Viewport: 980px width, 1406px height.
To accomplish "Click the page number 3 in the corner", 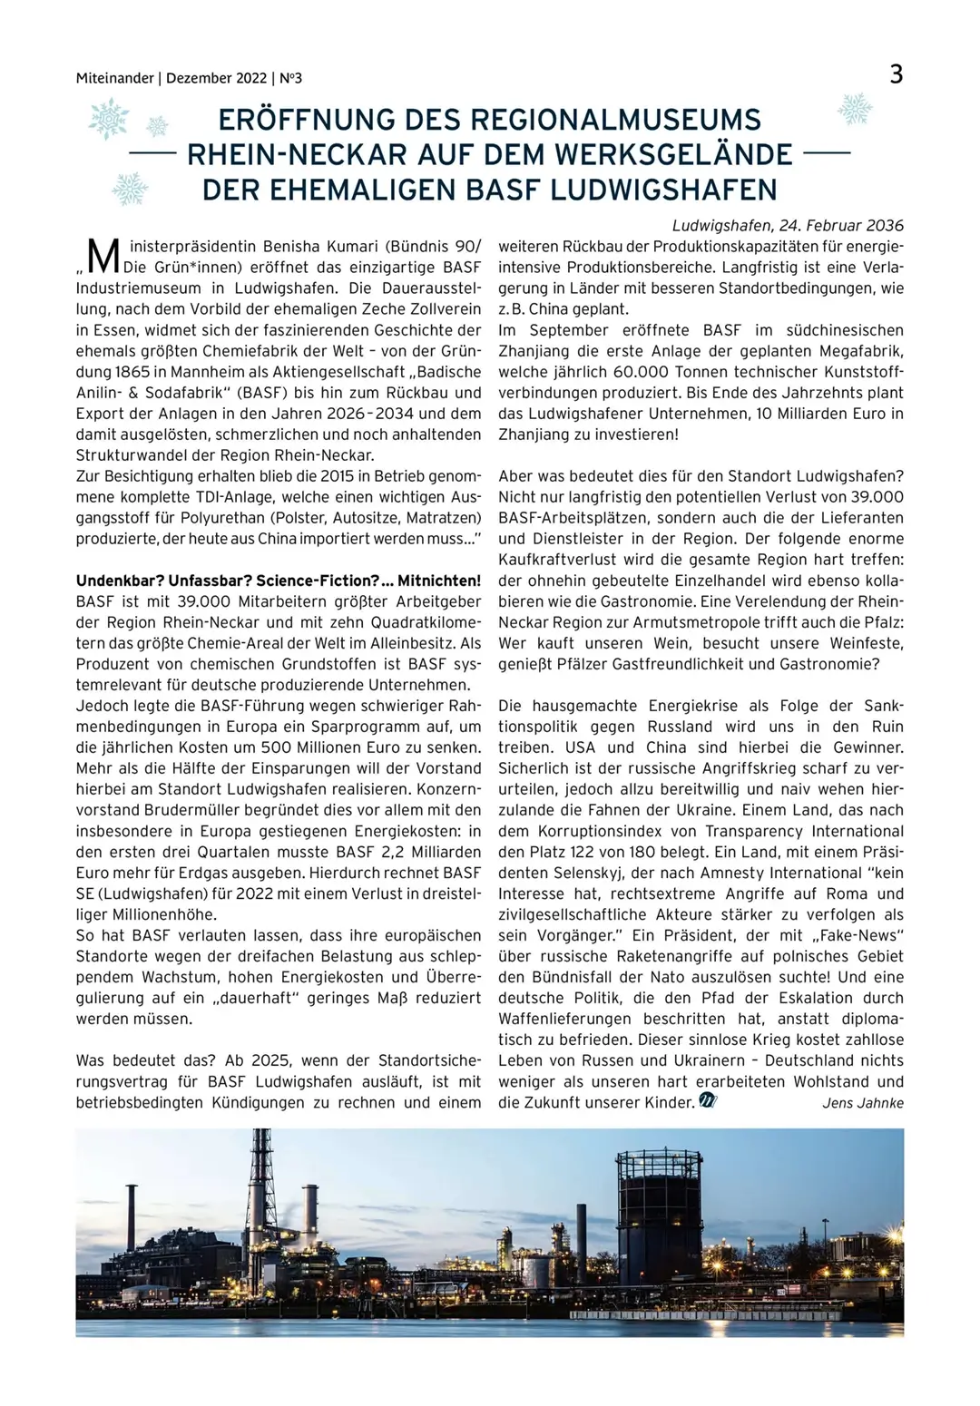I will coord(896,74).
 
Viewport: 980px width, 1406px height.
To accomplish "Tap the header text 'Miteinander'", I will coord(114,79).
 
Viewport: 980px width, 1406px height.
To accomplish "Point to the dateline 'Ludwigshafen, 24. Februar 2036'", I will coord(788,225).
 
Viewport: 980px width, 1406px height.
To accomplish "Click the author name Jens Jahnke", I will coord(862,1103).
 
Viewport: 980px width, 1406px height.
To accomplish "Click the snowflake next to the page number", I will coord(854,109).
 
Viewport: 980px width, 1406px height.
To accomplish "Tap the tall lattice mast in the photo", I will coord(261,1179).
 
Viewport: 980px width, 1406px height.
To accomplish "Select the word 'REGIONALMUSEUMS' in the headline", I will coord(616,120).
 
